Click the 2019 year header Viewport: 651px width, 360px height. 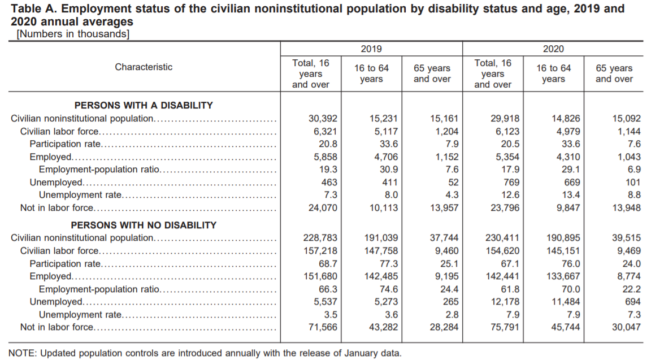(371, 49)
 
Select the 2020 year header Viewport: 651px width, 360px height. (553, 49)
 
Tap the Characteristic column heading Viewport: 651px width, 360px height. (144, 67)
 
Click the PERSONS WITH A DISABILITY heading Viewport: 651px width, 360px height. (144, 105)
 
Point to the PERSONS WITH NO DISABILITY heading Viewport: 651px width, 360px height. (144, 225)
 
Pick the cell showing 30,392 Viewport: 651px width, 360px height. (323, 119)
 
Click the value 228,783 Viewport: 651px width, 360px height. (320, 238)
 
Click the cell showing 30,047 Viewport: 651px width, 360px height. (626, 327)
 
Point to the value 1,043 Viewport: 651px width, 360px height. (629, 157)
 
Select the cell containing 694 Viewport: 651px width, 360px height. (633, 302)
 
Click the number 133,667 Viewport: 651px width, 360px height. (563, 276)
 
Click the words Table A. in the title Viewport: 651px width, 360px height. (33, 8)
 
